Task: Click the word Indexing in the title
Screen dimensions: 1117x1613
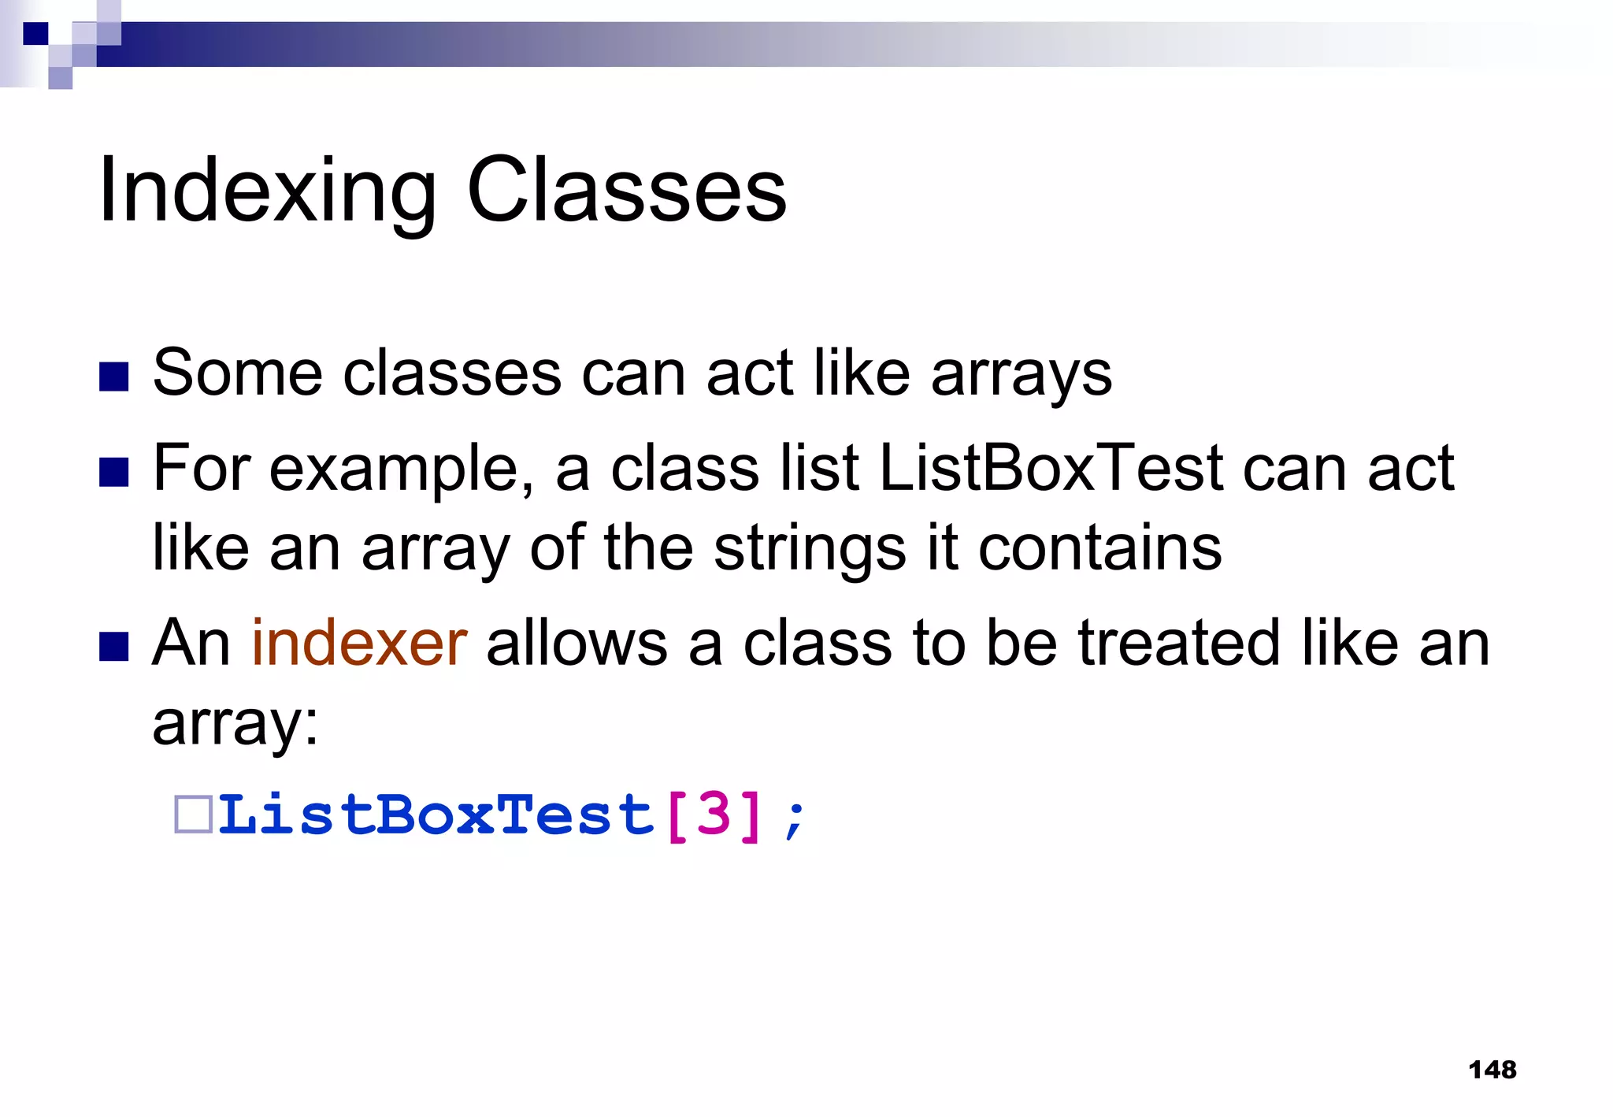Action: pos(268,191)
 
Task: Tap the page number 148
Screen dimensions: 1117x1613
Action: pos(1492,1070)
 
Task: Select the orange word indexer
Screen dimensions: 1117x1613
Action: pos(359,644)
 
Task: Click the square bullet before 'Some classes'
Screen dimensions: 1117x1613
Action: pos(114,377)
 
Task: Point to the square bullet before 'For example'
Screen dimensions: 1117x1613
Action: pos(114,473)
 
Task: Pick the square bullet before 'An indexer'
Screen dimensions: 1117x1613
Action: pos(114,647)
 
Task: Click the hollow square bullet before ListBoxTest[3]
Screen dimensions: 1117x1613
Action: pos(193,815)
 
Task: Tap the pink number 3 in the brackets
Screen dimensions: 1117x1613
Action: pos(714,815)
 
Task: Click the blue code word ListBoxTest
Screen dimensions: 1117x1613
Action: pos(436,815)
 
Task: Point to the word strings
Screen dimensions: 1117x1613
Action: pos(810,548)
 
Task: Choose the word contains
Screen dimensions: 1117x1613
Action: pos(1099,548)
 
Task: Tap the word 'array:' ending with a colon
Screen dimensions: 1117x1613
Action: pos(235,724)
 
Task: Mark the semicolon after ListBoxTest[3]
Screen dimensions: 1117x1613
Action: pos(795,819)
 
